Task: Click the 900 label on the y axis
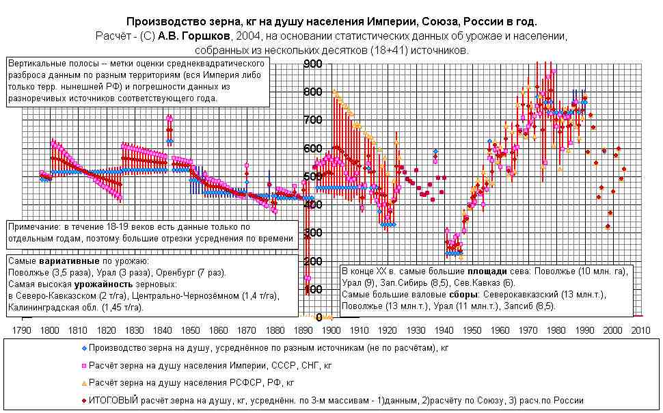coord(312,64)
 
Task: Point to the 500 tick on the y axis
coord(312,176)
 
